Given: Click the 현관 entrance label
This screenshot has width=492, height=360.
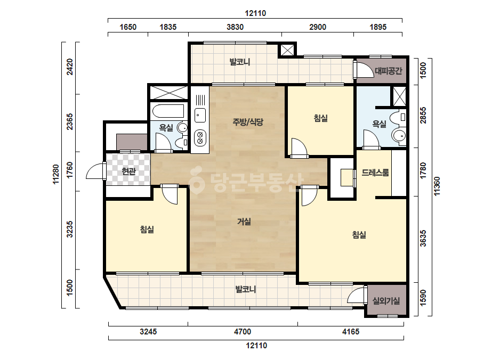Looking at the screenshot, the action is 128,171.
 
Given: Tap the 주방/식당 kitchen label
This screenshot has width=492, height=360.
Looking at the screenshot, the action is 248,121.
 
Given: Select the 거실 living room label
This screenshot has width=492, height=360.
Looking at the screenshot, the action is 244,222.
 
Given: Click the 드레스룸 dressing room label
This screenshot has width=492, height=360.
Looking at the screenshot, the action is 375,172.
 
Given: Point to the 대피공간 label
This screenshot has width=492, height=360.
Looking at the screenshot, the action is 389,71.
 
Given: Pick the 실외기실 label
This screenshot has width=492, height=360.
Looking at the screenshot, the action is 386,301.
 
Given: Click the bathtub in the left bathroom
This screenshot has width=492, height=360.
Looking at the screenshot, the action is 168,111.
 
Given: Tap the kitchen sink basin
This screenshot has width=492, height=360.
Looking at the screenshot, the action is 200,115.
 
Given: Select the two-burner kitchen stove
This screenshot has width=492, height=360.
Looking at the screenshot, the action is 200,138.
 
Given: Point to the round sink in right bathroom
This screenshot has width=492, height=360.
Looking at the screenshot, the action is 399,136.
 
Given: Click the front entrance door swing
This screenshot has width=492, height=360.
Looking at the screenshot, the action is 96,171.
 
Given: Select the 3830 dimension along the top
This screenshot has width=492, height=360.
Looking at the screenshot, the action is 235,27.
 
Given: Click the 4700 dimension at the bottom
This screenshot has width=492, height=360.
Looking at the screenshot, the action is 243,331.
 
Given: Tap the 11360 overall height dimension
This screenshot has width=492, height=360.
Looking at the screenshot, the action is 437,186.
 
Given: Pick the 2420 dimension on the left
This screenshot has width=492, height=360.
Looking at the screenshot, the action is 70,67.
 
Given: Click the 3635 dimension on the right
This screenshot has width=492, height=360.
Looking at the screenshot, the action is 423,239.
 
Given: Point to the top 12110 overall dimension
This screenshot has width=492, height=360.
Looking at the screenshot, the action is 255,13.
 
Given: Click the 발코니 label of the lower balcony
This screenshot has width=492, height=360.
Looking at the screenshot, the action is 246,289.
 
